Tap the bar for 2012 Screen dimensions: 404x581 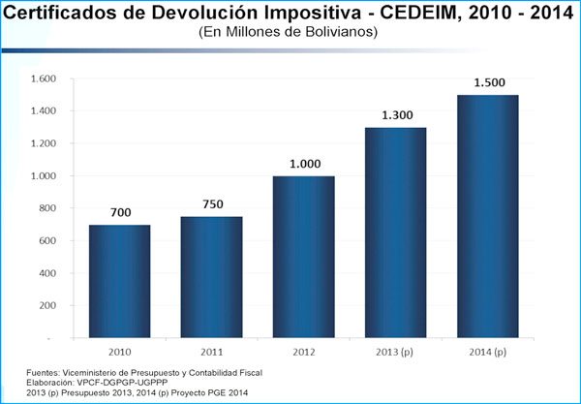click(304, 257)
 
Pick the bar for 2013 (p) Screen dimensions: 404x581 click(395, 233)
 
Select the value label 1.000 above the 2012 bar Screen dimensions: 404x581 click(304, 162)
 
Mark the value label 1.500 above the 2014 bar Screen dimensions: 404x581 click(487, 81)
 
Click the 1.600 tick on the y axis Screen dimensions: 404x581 click(45, 78)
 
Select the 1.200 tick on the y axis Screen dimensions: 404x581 click(45, 143)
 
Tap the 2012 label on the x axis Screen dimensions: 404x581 click(304, 350)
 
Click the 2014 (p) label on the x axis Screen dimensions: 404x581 click(487, 350)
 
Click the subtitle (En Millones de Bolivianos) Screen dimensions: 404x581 click(288, 32)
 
